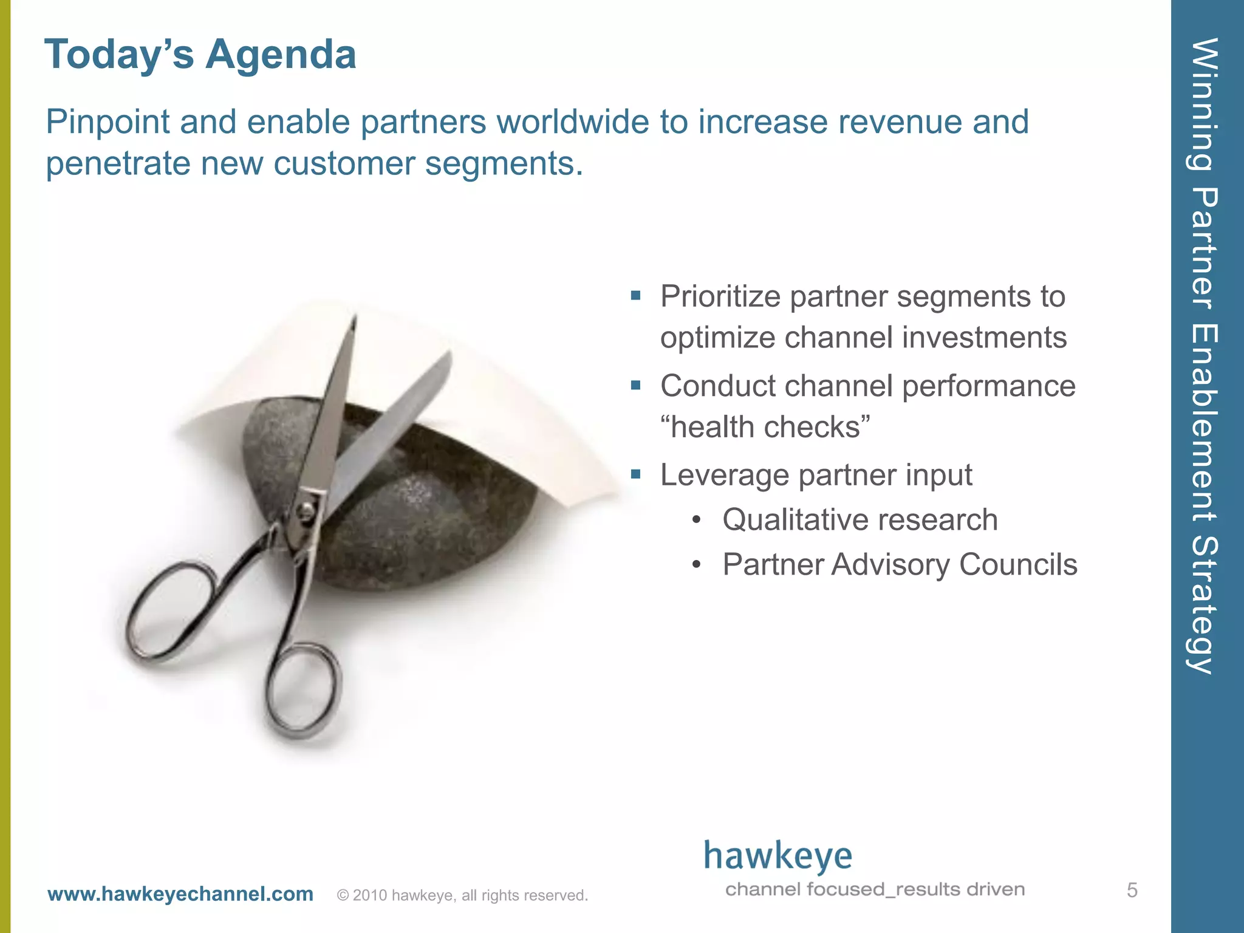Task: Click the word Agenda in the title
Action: pos(281,55)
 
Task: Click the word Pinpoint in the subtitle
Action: pos(107,123)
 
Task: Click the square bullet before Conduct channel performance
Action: pos(635,385)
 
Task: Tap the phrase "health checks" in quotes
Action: pos(765,426)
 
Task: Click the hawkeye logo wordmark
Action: pos(777,856)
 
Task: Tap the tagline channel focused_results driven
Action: pos(875,890)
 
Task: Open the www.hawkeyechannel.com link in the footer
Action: pos(180,894)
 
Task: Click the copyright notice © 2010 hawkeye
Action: pos(462,895)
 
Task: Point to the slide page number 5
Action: pos(1132,890)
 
